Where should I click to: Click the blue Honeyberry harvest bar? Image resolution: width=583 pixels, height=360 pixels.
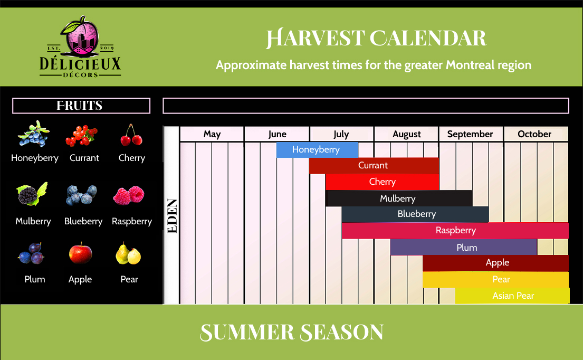click(317, 149)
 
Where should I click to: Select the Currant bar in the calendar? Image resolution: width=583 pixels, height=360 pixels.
click(374, 166)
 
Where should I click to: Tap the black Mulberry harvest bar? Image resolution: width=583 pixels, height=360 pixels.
click(399, 198)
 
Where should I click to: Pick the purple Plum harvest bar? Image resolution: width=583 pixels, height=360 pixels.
click(464, 247)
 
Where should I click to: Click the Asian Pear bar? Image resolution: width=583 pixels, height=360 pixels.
click(512, 296)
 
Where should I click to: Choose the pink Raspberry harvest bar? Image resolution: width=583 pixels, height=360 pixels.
click(455, 231)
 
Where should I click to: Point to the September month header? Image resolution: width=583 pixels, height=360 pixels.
click(470, 134)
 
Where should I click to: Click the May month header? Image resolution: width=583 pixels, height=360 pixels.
click(212, 134)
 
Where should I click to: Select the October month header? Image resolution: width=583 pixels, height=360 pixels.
click(536, 134)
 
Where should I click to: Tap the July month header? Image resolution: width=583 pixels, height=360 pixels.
click(341, 134)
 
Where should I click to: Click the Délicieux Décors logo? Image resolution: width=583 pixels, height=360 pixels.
click(80, 47)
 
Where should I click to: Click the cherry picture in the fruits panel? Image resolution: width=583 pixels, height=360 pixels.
click(131, 135)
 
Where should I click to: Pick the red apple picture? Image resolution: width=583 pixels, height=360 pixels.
click(80, 253)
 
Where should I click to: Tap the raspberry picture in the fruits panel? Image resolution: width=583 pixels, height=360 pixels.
click(129, 195)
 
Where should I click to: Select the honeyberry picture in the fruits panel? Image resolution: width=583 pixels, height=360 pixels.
click(33, 134)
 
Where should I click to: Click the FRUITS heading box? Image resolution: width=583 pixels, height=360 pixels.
click(81, 106)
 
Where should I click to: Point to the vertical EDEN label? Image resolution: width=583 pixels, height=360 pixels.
click(172, 216)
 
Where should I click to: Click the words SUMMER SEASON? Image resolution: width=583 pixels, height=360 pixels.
click(292, 332)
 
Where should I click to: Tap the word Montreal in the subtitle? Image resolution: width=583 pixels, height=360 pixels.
click(470, 65)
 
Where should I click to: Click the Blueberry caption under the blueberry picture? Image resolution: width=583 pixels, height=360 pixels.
click(83, 221)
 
